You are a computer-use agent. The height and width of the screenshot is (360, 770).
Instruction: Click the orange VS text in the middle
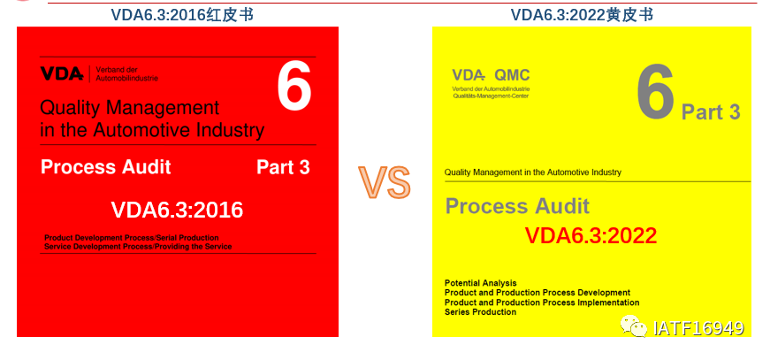pos(385,181)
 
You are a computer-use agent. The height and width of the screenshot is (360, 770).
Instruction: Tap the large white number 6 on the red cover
pos(294,88)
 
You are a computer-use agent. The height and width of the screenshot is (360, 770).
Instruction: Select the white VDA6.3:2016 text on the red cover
pos(177,211)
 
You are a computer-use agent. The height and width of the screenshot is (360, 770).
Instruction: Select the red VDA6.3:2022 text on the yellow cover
pos(591,236)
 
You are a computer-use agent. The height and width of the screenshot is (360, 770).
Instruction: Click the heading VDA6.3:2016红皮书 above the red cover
pos(178,13)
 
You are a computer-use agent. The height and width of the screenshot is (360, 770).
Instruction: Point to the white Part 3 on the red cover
pos(283,167)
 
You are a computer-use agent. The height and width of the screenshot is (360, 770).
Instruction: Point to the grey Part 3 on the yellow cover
pos(711,112)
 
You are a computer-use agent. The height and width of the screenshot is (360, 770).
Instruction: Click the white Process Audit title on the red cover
pos(106,167)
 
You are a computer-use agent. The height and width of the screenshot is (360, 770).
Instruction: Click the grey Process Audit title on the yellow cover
pos(517,207)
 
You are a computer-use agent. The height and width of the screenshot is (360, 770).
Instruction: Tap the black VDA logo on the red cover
pos(61,75)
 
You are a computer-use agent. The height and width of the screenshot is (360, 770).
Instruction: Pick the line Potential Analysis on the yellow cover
pos(481,283)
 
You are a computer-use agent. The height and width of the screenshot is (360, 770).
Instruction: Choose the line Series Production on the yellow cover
pos(480,312)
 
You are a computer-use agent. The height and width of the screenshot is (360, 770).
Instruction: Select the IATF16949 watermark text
pos(698,328)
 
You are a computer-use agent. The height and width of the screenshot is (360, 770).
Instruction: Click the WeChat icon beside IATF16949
pos(633,327)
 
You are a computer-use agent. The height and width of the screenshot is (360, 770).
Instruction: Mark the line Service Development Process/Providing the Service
pos(137,247)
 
